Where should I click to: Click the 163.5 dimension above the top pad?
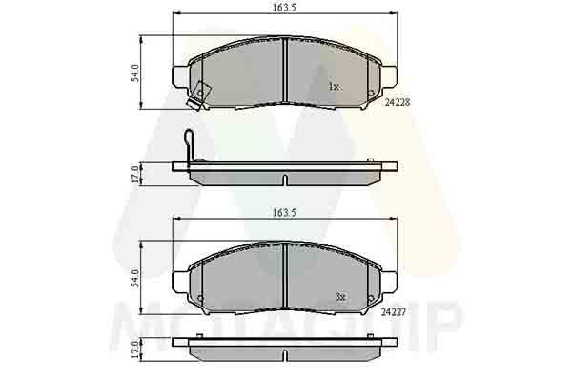pos(285,7)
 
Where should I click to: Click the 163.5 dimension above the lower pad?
pos(285,212)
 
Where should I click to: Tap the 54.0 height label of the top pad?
pos(135,73)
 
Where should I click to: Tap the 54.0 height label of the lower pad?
pos(135,278)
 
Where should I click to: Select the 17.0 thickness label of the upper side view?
pos(135,174)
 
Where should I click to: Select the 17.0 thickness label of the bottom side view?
pos(135,350)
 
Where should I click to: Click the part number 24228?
pos(398,103)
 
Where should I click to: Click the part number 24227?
pos(394,312)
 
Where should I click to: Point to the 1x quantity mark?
pos(335,87)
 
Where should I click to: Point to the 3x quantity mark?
pos(340,297)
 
